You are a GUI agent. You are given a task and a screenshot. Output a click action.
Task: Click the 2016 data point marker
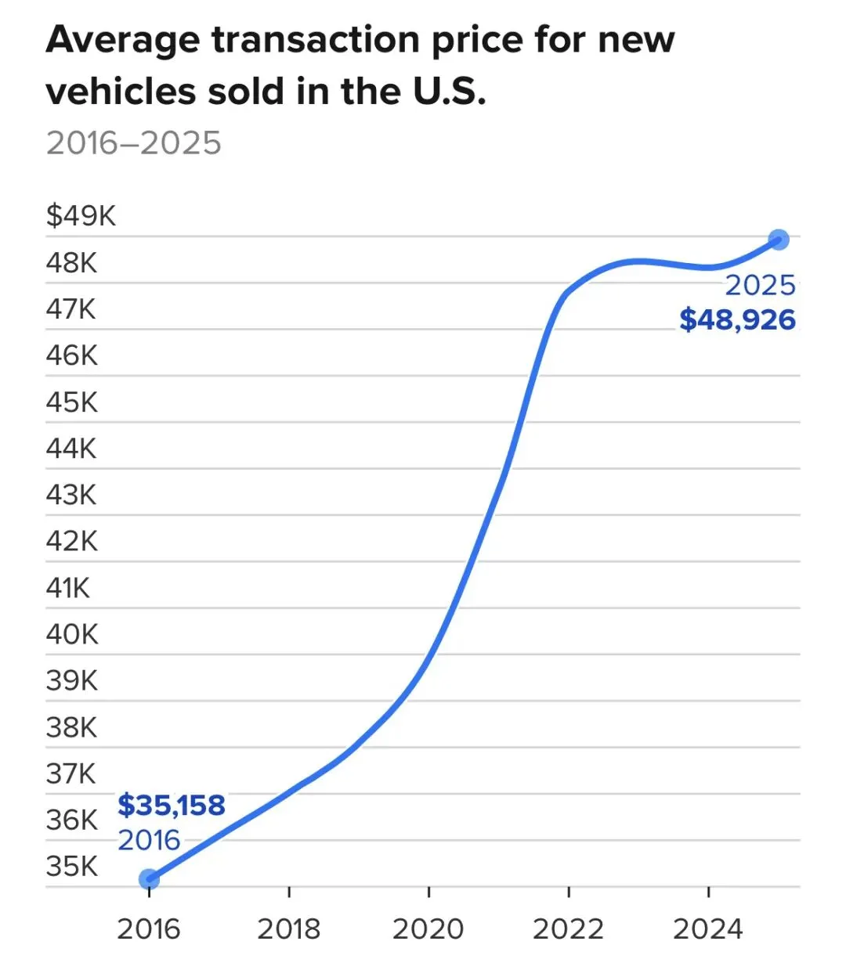[149, 879]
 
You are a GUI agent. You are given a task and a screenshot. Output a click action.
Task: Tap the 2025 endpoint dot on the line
[779, 240]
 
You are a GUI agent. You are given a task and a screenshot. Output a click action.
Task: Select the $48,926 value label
[737, 319]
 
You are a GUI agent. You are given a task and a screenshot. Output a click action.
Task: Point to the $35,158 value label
[172, 805]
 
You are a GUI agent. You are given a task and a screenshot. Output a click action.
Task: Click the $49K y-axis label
[81, 215]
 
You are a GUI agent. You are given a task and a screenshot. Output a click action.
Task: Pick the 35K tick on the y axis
[72, 867]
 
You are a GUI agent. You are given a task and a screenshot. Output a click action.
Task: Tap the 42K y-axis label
[72, 541]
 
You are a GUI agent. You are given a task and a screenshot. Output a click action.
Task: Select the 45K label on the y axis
[72, 402]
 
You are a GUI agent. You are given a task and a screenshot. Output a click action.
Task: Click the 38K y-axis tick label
[72, 727]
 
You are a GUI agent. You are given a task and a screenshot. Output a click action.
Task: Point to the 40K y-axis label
[72, 634]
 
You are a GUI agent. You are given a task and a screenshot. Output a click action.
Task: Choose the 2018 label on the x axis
[289, 929]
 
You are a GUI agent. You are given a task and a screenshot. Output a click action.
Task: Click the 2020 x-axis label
[428, 929]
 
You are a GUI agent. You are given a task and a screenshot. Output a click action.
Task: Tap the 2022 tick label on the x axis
[569, 929]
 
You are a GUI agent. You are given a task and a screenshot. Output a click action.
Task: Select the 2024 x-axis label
[708, 929]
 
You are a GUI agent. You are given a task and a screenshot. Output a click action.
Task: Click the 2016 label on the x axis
[149, 929]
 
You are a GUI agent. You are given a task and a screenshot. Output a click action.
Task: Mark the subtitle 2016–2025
[134, 143]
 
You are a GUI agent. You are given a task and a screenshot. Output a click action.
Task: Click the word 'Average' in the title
[124, 41]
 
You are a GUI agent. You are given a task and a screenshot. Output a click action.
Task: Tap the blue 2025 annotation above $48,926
[760, 285]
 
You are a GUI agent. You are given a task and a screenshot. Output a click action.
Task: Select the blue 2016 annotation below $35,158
[149, 840]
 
